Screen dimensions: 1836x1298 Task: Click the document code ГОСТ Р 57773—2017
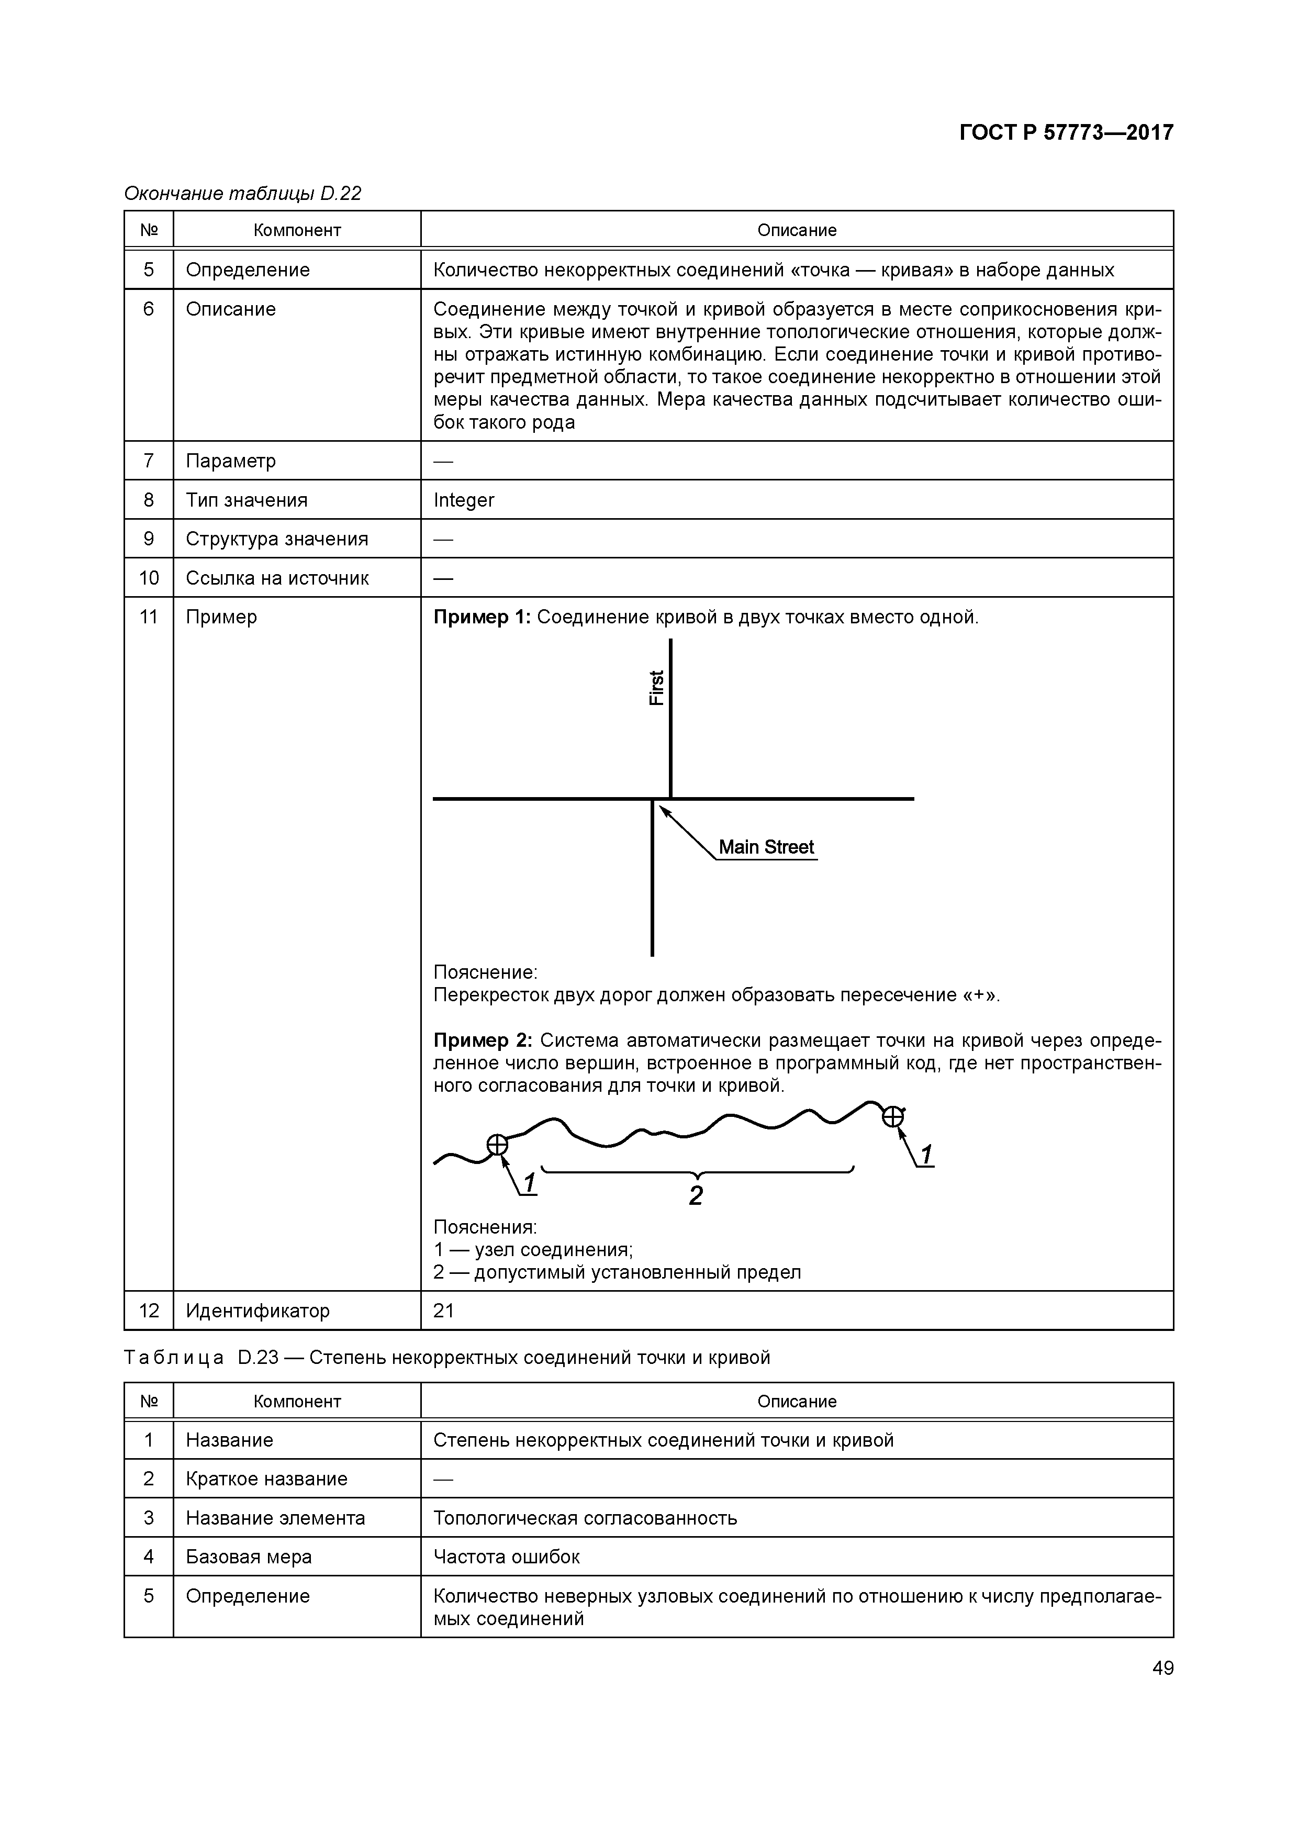point(1066,133)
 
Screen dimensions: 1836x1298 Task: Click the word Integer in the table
point(464,500)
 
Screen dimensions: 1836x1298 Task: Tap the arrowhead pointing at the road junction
point(663,810)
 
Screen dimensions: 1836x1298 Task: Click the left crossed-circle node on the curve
point(497,1145)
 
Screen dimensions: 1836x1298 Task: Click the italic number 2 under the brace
point(696,1195)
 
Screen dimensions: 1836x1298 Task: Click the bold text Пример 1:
point(482,618)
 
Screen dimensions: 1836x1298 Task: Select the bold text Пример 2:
point(482,1040)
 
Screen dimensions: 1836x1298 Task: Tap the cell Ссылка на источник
point(277,578)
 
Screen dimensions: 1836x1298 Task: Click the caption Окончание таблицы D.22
point(242,194)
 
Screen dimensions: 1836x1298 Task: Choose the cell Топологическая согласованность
point(585,1518)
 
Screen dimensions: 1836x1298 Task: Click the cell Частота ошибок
point(506,1557)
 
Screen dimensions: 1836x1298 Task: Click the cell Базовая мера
point(249,1557)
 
